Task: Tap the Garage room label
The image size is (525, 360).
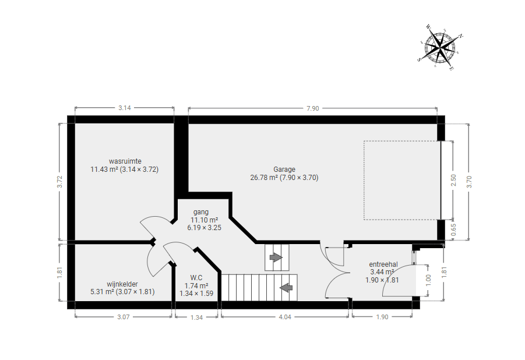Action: coord(284,170)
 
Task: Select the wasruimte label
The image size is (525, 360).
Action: coord(125,161)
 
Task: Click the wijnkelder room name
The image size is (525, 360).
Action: coord(122,284)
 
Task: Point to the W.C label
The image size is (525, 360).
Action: coord(196,278)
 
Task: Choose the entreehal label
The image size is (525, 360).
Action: coord(383,264)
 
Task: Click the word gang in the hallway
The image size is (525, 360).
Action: coord(201,212)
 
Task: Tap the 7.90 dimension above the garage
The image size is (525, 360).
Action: coord(312,108)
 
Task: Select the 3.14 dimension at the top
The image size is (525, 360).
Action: coord(125,108)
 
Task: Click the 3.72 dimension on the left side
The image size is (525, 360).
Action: coord(60,182)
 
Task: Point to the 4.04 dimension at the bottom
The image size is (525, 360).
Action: coord(285,317)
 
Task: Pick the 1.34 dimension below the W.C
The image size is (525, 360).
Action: coord(196,317)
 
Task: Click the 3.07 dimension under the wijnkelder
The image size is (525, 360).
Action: coord(123,317)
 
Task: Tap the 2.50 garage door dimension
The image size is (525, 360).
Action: coord(454,180)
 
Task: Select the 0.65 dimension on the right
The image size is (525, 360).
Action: coord(454,230)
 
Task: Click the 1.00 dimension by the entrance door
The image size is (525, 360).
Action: coord(428,281)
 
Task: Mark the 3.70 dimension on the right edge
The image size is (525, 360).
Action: coord(469,182)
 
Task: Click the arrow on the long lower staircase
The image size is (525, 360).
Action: coord(286,287)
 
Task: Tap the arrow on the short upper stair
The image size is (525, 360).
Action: coord(276,257)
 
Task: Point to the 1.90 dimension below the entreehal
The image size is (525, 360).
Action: coord(382,317)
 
